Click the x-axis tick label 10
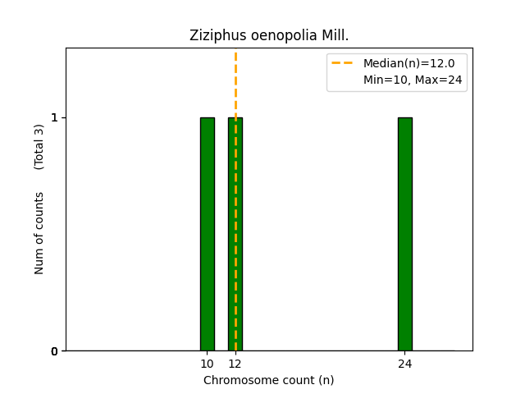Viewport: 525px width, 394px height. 208,364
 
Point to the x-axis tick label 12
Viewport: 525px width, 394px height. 235,364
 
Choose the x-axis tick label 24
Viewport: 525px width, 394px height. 405,364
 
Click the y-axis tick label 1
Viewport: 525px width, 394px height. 55,117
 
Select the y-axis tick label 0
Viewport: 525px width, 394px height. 55,351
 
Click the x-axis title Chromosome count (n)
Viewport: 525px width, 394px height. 269,380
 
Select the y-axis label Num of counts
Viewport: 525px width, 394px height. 39,233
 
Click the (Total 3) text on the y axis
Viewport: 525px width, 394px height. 39,147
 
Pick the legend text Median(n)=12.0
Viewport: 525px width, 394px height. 409,63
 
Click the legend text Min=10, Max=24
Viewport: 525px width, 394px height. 413,80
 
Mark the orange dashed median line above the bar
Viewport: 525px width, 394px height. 235,82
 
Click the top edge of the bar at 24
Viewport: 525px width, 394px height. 405,117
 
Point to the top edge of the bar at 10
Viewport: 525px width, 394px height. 208,117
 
